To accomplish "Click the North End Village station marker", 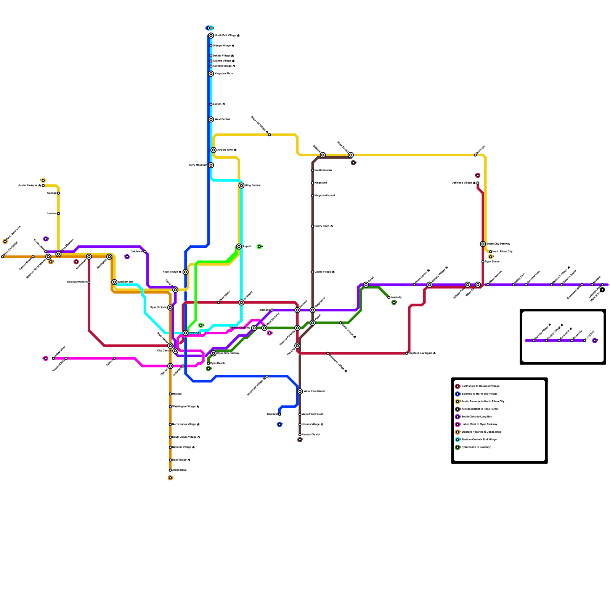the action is pos(211,35).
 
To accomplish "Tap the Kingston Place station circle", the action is pos(211,74).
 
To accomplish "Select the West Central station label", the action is pos(222,119).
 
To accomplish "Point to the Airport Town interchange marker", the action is pos(213,150).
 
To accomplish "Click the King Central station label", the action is pos(252,186).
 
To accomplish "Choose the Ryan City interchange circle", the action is pos(186,333).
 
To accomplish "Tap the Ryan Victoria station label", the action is pos(158,307).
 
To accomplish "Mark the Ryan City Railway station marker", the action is pos(213,353).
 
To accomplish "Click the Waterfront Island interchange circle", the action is pos(300,392).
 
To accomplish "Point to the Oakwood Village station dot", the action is pos(478,183).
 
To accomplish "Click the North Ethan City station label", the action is pos(502,252).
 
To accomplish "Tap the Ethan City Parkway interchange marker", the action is pos(483,244).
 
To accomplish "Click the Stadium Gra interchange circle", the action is pos(114,282).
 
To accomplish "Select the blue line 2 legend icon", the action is pos(457,394).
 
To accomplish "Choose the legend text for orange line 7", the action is pos(482,432).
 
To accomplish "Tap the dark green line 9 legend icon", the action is pos(457,447).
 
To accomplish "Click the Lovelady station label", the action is pos(396,297).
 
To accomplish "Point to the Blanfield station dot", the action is pos(279,414).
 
